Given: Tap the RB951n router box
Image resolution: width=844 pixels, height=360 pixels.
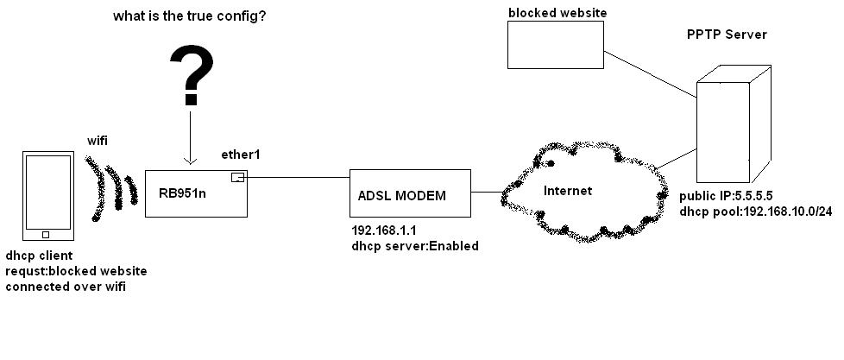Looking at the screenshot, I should click(197, 193).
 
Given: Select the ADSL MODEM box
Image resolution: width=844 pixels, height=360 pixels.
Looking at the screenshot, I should click(410, 194).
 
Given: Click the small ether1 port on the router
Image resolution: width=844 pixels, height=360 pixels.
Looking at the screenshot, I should click(237, 178).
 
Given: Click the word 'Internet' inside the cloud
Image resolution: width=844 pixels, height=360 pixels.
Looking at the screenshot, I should click(568, 190).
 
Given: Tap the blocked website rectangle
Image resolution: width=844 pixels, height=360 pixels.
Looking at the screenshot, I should click(556, 44).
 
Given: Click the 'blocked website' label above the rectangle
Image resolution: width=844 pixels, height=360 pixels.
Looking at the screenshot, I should click(557, 12).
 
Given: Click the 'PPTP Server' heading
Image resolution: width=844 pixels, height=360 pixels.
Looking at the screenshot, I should click(726, 35).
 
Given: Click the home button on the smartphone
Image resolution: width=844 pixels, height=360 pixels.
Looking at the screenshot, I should click(46, 234).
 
